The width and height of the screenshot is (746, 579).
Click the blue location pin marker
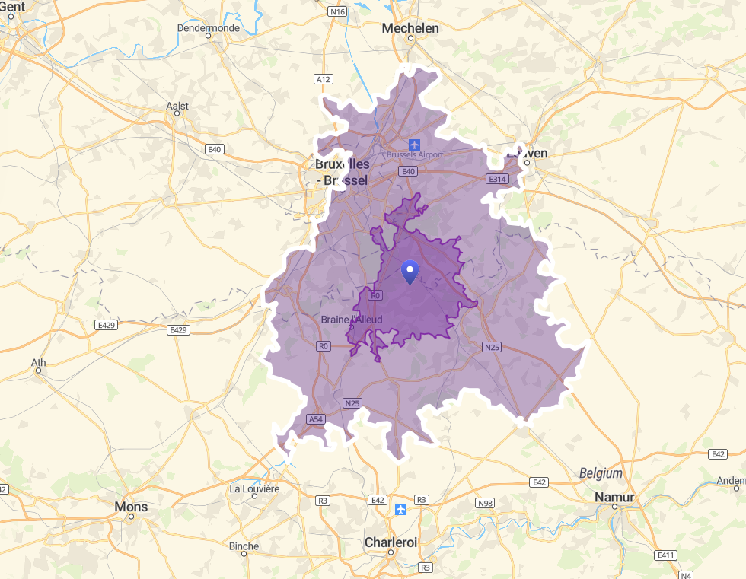(410, 272)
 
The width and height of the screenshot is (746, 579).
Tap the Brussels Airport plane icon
(414, 144)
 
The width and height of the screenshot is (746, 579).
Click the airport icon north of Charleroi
(400, 508)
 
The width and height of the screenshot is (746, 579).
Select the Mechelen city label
(410, 28)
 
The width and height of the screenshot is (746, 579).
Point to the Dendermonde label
(208, 28)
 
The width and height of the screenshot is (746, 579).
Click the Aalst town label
(177, 106)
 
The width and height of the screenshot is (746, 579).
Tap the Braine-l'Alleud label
(352, 320)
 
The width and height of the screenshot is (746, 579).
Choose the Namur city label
(614, 497)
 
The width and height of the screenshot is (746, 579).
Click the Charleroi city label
(391, 542)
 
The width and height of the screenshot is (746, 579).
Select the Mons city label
(131, 507)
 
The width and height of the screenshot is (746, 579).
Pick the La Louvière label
(255, 488)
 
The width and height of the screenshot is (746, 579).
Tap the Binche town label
(244, 546)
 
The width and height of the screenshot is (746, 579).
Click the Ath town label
(38, 362)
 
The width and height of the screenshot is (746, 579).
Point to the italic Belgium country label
(601, 473)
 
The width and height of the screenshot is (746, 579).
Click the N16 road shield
(337, 11)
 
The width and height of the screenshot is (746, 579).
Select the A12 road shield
(324, 79)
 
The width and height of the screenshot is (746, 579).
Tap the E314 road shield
(497, 179)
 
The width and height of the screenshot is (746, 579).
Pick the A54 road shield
(316, 419)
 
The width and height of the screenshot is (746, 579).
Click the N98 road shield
(485, 504)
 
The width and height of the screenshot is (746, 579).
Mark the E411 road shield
(665, 555)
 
